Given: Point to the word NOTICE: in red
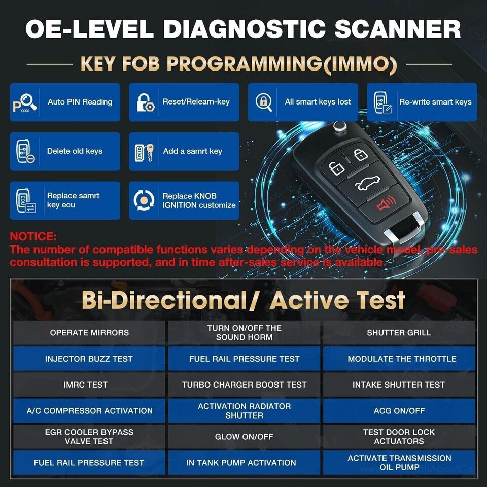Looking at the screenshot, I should [33, 237].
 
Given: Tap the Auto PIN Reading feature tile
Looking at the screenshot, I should [65, 102].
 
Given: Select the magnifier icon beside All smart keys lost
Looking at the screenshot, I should [264, 101].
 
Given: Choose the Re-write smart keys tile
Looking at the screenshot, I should [422, 102].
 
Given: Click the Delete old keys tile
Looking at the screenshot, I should [65, 151].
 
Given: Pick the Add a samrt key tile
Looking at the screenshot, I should [184, 151].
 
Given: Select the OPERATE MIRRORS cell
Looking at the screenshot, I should [89, 333].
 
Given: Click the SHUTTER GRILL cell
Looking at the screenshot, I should [399, 333].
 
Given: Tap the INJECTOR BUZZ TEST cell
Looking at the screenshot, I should [89, 359].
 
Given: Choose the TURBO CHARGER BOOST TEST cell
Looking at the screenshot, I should [244, 385].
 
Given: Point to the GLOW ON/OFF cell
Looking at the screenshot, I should [244, 436].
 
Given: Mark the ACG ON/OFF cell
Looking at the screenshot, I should [399, 410].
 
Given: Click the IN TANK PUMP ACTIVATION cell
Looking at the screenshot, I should [244, 462].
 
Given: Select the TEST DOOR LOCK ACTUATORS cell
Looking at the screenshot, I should [399, 436].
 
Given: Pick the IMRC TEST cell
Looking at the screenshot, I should [89, 385].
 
